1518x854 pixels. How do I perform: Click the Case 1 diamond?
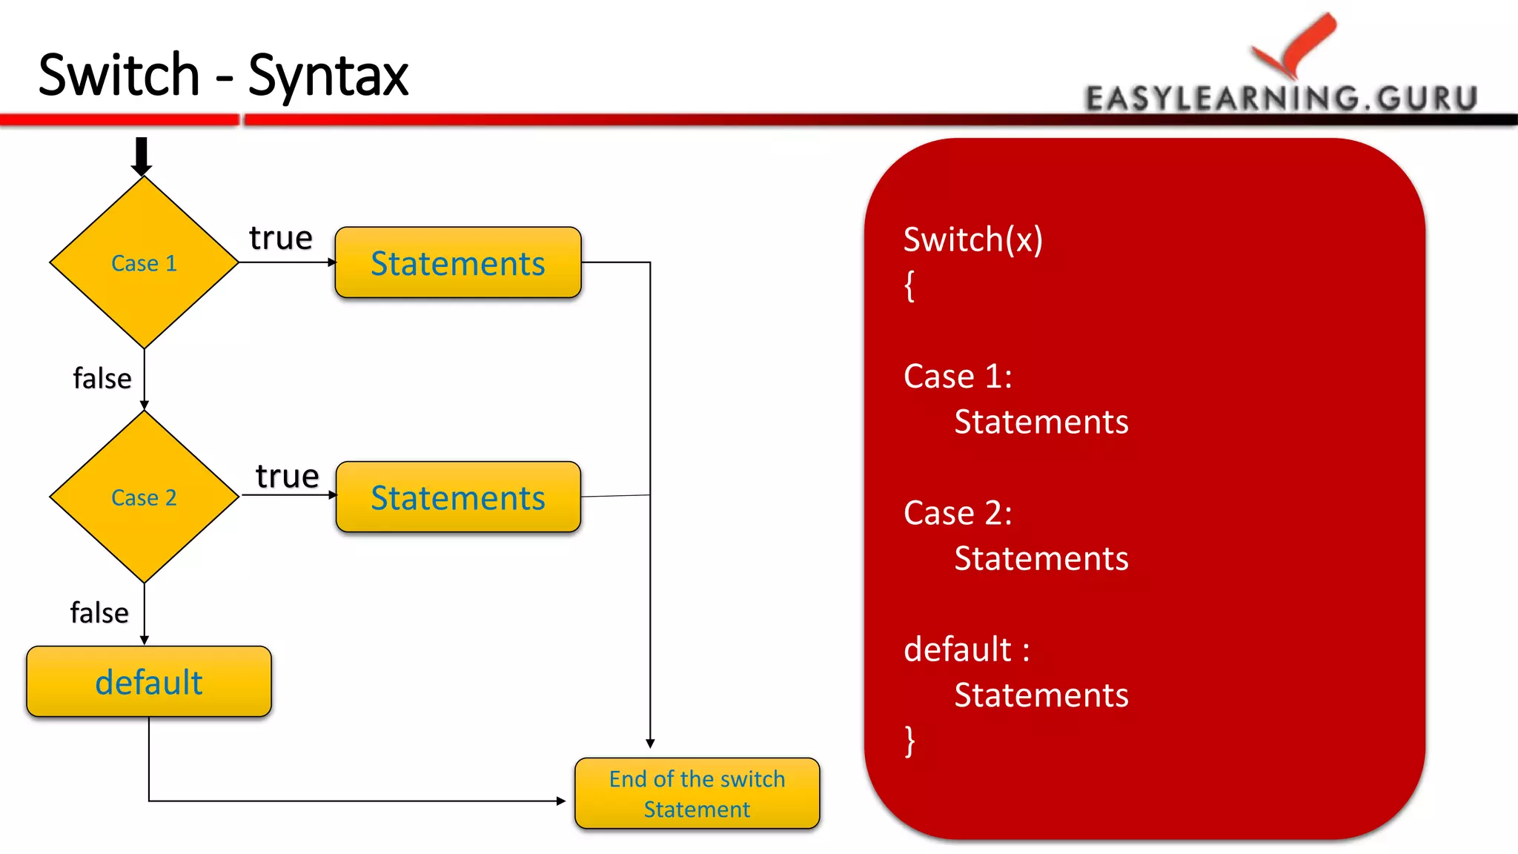pos(144,262)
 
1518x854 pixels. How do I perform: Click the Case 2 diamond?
pos(144,497)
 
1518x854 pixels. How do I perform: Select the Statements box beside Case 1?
pos(458,263)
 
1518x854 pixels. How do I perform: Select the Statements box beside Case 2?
pos(458,497)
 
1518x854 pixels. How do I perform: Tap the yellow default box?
pos(149,682)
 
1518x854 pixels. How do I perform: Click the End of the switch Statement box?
pos(697,793)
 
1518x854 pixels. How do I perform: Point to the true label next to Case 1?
pos(281,238)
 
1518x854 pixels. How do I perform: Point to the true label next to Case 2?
pos(287,476)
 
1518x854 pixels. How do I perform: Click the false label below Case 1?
pos(102,378)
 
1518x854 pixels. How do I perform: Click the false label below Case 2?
pos(99,613)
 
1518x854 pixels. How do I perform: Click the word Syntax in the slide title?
pos(328,76)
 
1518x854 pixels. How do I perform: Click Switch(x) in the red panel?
pos(973,239)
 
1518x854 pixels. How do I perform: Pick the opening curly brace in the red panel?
pos(909,285)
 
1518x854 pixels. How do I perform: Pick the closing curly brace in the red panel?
pos(909,741)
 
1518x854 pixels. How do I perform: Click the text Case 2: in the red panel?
pos(958,513)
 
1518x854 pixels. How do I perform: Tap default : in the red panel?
pos(967,649)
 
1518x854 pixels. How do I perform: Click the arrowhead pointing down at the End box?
pos(650,743)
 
